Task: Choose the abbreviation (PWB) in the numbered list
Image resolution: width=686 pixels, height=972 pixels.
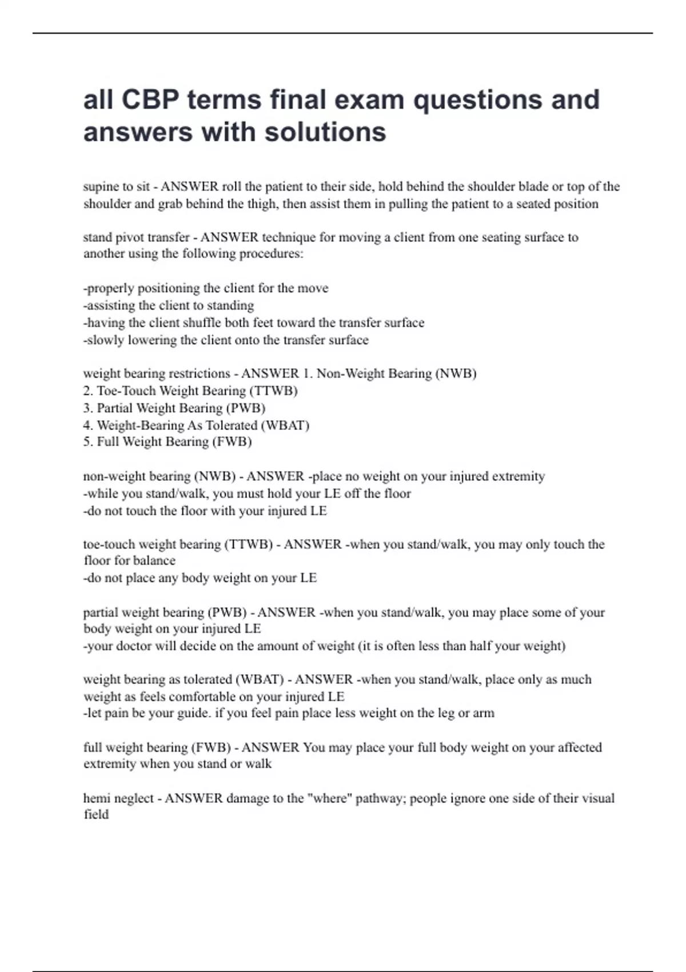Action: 246,408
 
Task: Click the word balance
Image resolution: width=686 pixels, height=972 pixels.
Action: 154,561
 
